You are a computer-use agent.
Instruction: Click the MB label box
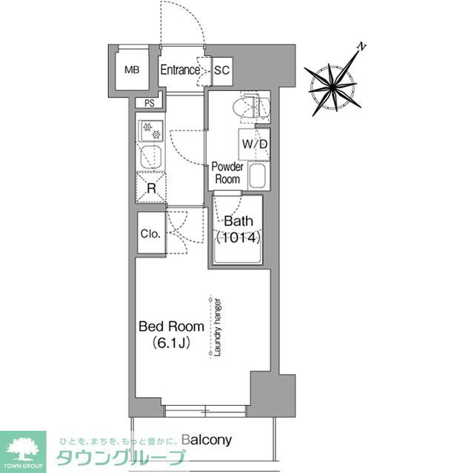(x=132, y=70)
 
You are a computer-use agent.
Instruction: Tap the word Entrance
(x=180, y=70)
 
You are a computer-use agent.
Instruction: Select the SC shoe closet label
(x=221, y=71)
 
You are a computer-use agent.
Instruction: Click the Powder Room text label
(x=227, y=173)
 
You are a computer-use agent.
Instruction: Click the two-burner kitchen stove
(x=151, y=131)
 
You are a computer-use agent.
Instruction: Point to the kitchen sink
(x=151, y=158)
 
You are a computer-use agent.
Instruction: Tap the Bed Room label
(x=167, y=326)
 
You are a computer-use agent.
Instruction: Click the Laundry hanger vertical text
(x=218, y=327)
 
